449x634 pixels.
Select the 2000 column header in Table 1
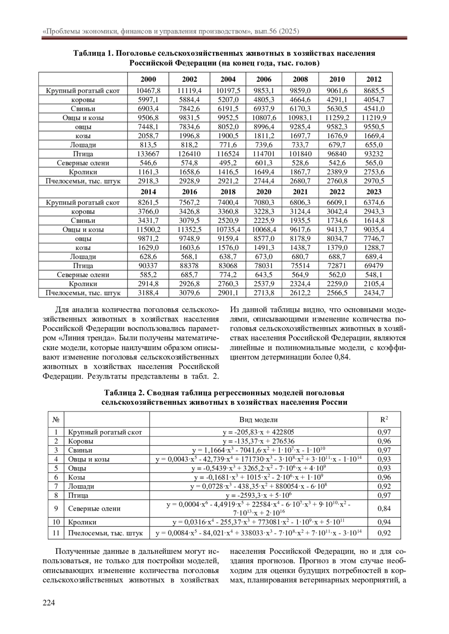[148, 79]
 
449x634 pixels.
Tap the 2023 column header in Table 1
[374, 192]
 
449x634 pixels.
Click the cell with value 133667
[148, 154]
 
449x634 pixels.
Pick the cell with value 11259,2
[337, 118]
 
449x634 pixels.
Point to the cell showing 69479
[374, 266]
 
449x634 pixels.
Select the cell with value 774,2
[228, 275]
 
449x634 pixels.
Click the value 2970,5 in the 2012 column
[374, 181]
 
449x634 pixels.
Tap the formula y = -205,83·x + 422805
[258, 432]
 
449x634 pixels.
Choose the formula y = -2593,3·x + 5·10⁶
[258, 495]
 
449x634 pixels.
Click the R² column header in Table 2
[384, 420]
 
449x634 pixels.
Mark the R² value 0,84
[384, 508]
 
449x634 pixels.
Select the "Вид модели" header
[258, 420]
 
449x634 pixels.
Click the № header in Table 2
[56, 420]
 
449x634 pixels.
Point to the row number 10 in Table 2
[56, 522]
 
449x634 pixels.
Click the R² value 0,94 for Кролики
[384, 522]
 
